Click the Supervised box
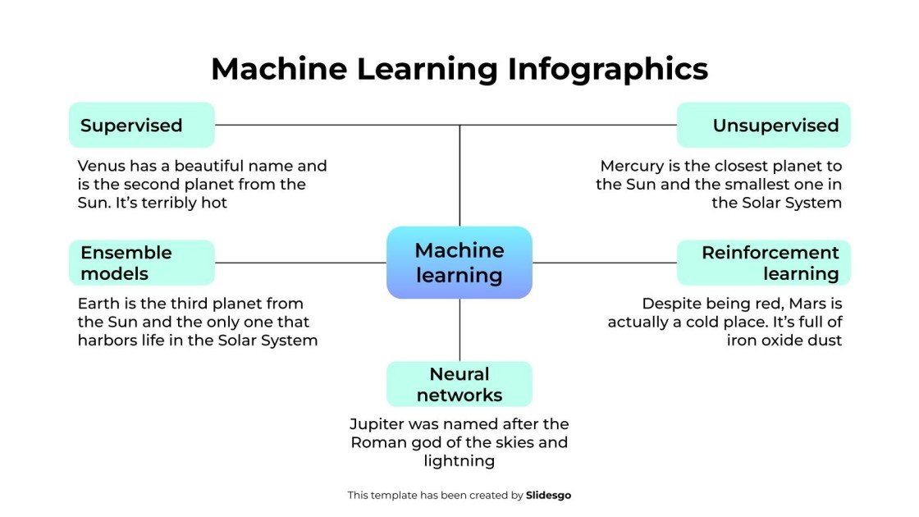tap(141, 126)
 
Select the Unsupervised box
tap(763, 126)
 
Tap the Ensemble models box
tap(141, 263)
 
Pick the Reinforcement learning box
tap(763, 263)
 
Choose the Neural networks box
tap(459, 384)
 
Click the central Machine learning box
tap(459, 263)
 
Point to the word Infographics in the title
tap(607, 69)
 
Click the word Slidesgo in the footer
tap(548, 495)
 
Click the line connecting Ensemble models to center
tap(299, 263)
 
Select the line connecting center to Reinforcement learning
tap(604, 263)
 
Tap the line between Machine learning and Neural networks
tap(459, 330)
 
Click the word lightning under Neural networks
tap(459, 460)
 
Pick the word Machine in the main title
tap(279, 69)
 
